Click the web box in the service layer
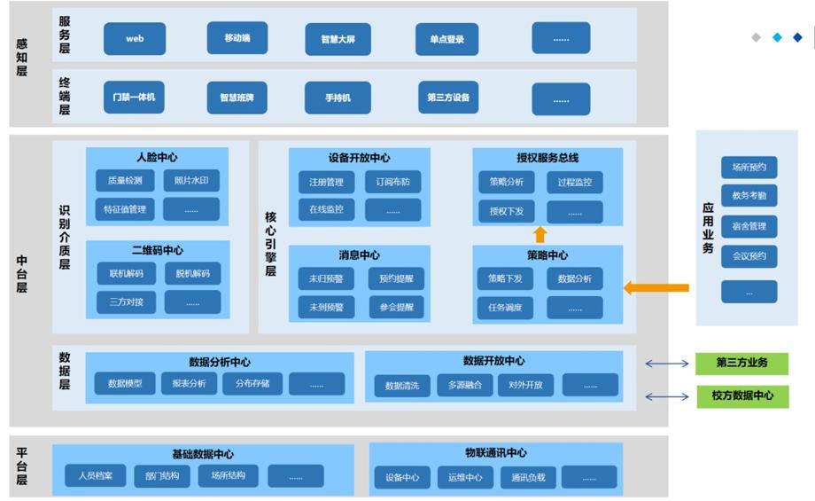[x=135, y=38]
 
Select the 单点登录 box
[x=447, y=39]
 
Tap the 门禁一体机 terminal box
[x=134, y=98]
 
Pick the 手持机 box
[x=338, y=98]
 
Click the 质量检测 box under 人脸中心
[x=125, y=181]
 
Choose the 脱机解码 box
[x=193, y=274]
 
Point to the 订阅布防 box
[x=393, y=182]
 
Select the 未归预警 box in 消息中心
[x=326, y=278]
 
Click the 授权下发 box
[x=506, y=212]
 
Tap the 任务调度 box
[x=505, y=308]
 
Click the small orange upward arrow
[x=540, y=235]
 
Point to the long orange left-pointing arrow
[x=656, y=287]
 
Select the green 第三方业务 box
[x=741, y=364]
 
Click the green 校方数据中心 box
[x=742, y=395]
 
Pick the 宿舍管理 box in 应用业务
[x=749, y=226]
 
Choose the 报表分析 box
[x=190, y=383]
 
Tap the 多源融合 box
[x=465, y=386]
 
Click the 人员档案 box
[x=95, y=475]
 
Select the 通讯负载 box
[x=528, y=478]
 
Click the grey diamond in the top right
[x=757, y=37]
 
